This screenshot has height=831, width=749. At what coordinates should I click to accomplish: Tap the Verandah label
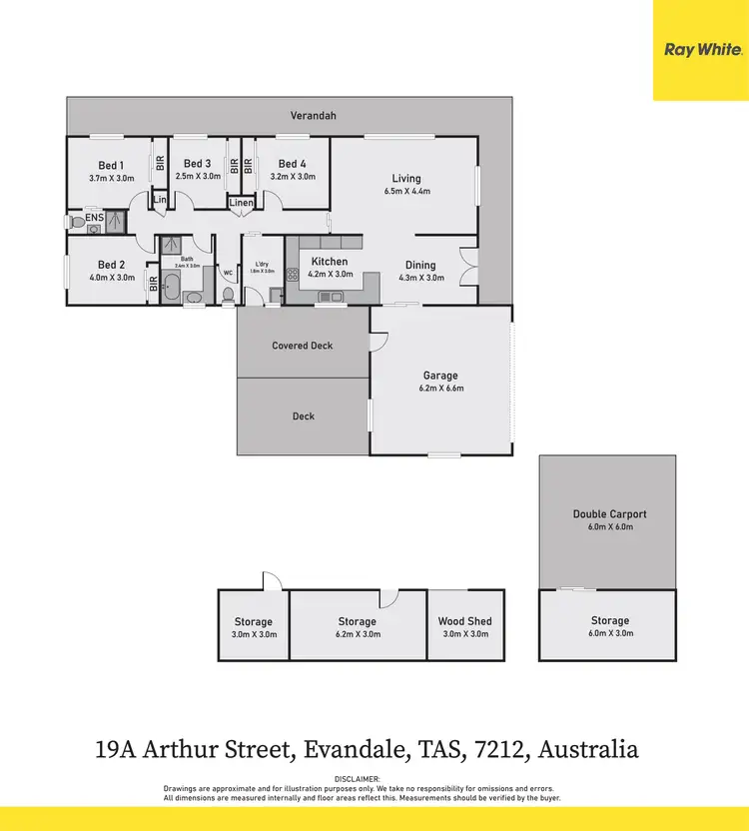click(x=313, y=116)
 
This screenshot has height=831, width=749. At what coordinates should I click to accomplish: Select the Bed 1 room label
click(x=111, y=164)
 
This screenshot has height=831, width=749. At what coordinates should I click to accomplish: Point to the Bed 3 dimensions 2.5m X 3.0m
click(x=197, y=176)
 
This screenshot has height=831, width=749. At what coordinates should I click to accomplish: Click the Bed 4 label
click(x=293, y=164)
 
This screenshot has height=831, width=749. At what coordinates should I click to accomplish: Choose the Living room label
click(x=406, y=179)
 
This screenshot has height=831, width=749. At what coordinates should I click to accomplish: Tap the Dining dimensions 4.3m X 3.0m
click(x=420, y=278)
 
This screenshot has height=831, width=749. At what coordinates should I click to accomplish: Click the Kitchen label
click(x=330, y=262)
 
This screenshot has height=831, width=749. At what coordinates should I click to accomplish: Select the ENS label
click(x=94, y=217)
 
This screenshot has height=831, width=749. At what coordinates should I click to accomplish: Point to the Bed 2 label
click(x=111, y=266)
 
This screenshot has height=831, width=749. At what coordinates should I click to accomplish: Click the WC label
click(x=228, y=273)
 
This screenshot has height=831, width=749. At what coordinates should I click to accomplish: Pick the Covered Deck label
click(x=303, y=346)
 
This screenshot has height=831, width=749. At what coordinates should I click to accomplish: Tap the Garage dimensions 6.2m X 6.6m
click(x=441, y=389)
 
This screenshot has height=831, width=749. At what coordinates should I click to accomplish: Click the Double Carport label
click(x=609, y=514)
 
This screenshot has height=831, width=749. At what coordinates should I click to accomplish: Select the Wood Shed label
click(x=465, y=621)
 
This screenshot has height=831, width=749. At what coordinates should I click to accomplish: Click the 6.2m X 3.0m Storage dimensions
click(x=357, y=633)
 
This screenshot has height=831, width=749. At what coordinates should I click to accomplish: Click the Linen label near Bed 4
click(x=242, y=203)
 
